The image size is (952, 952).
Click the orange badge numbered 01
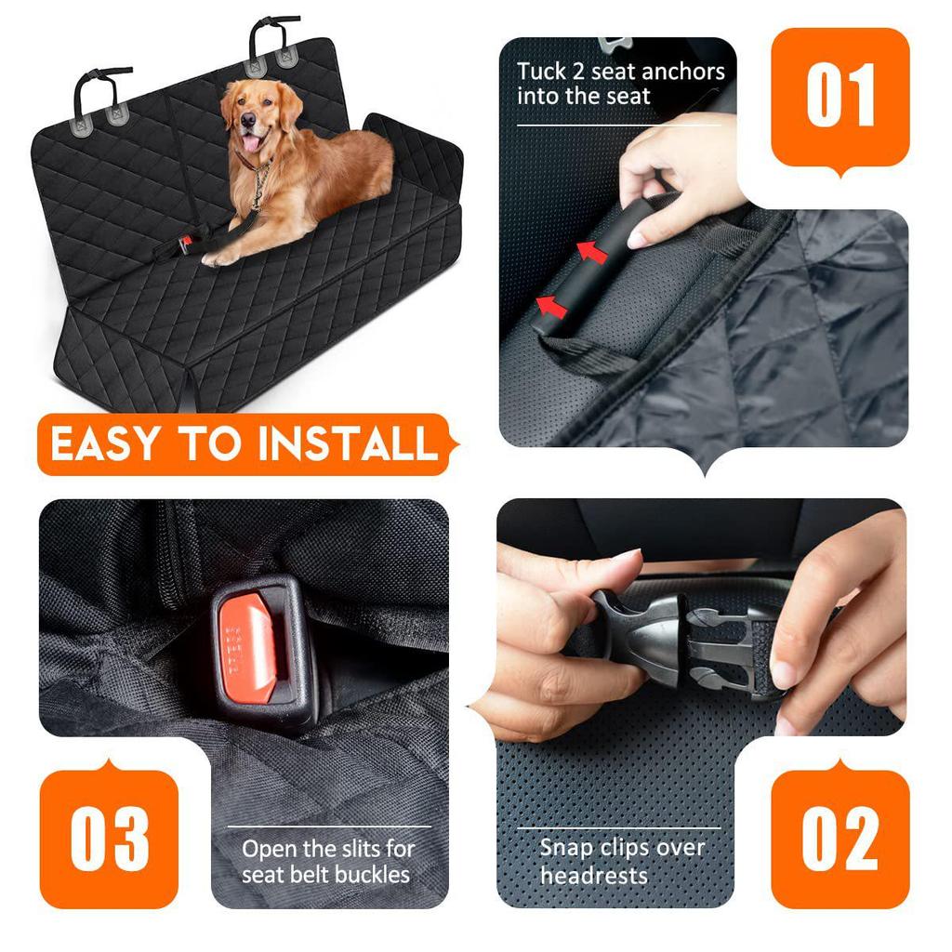(x=840, y=97)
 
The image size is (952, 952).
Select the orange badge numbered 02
(x=840, y=839)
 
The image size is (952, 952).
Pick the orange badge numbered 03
(x=110, y=839)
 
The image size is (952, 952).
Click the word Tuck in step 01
(x=540, y=72)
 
